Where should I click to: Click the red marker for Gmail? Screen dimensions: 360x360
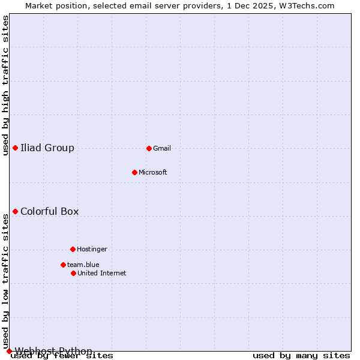(x=149, y=148)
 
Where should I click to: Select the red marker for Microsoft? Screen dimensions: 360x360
(x=134, y=172)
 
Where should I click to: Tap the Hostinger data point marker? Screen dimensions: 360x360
(x=73, y=249)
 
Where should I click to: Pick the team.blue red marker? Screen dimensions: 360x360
(x=63, y=265)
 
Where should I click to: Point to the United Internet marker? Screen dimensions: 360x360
(x=73, y=273)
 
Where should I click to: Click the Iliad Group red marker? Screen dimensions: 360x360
(x=15, y=148)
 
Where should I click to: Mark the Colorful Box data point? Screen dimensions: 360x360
(x=15, y=211)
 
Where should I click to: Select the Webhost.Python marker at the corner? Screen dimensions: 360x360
(x=9, y=351)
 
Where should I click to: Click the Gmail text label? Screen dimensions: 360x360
(x=162, y=148)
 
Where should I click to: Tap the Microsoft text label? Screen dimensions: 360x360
(x=153, y=172)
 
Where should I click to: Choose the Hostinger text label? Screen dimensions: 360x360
(x=92, y=249)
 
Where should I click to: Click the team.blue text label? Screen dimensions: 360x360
(x=83, y=265)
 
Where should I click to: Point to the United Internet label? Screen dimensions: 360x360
(x=102, y=273)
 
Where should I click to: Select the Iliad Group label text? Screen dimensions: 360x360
(x=47, y=148)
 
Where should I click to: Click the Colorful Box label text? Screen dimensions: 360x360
(x=49, y=211)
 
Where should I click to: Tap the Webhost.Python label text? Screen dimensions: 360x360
(x=53, y=351)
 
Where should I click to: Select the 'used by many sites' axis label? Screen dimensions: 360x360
(x=301, y=355)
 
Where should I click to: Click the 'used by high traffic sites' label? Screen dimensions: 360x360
(x=6, y=85)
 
